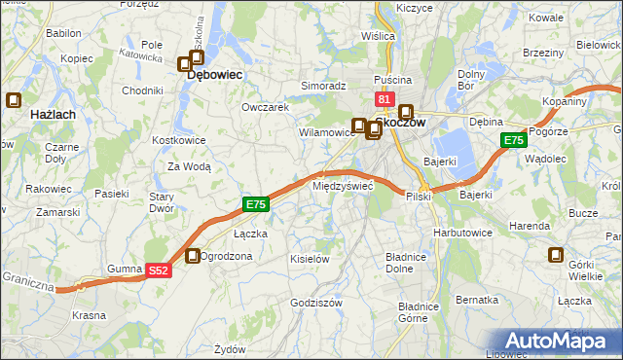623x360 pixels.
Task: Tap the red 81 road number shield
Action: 383,100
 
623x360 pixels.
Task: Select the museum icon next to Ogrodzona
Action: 193,256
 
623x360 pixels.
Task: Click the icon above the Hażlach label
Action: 14,99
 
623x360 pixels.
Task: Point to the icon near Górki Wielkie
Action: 556,256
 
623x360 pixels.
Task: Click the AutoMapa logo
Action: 561,340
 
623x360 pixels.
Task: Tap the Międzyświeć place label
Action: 342,185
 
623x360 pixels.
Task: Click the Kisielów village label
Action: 311,259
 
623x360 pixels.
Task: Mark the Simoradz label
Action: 323,86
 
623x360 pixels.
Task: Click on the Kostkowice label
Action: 176,141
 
